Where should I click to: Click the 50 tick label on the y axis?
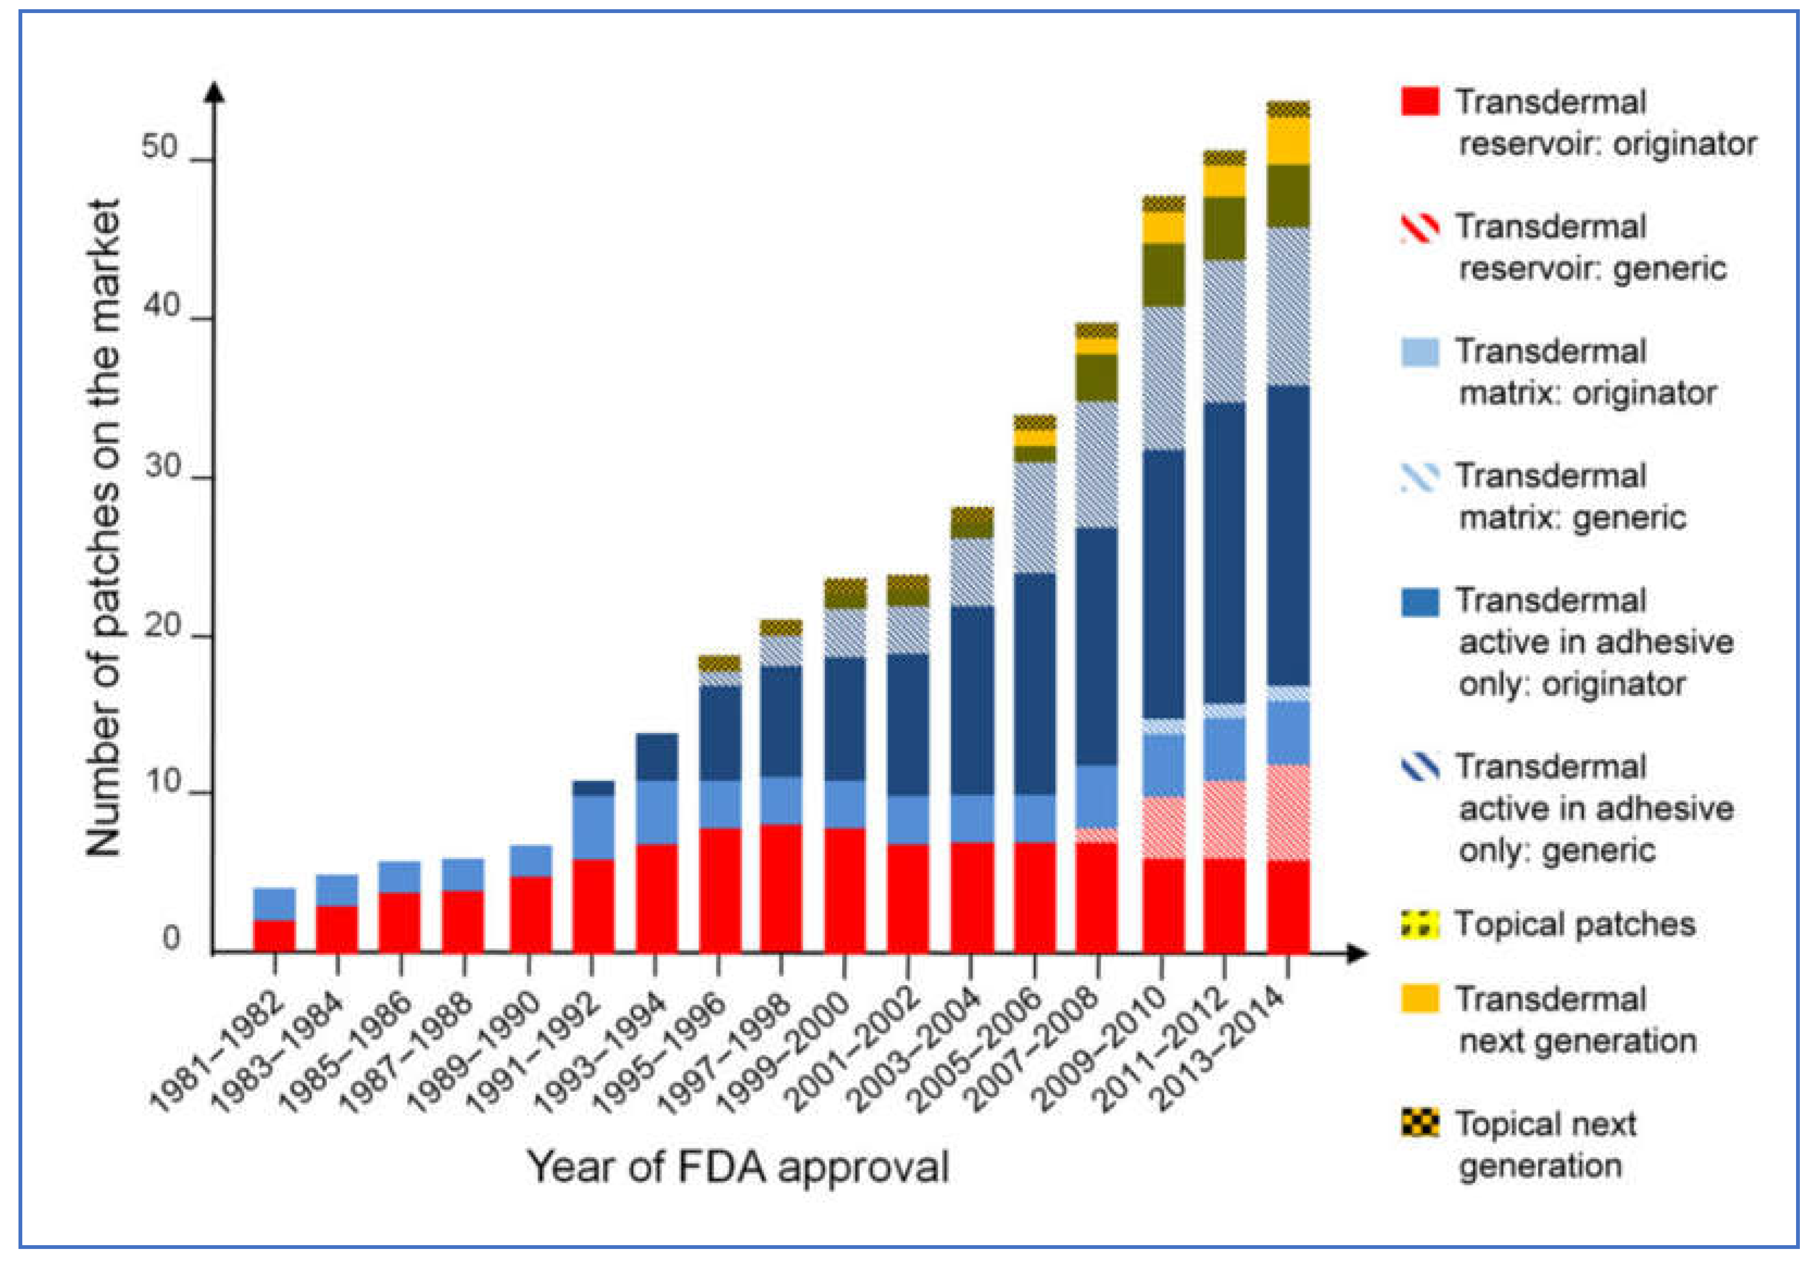tap(160, 147)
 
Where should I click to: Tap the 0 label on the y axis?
tap(171, 940)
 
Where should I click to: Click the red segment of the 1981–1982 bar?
tap(274, 936)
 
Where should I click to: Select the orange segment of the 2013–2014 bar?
tap(1288, 141)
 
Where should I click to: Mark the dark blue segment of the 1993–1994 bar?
tap(657, 757)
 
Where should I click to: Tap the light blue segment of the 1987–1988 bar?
tap(463, 874)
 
